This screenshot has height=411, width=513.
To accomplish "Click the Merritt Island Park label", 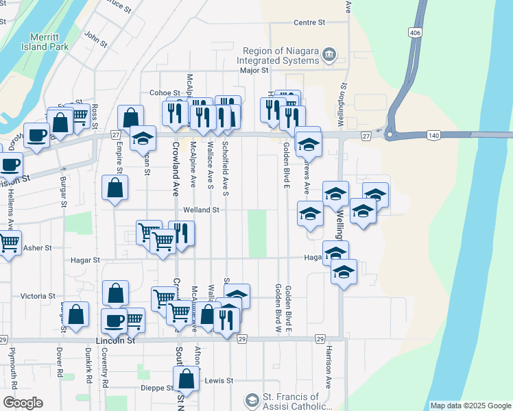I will tap(49, 42).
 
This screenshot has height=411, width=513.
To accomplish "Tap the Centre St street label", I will tap(309, 23).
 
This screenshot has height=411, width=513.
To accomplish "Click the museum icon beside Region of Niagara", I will tap(330, 53).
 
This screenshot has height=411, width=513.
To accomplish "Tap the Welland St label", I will tap(200, 210).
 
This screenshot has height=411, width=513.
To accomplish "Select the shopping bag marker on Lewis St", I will tap(186, 377).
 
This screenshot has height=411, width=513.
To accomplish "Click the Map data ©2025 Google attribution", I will tap(470, 406).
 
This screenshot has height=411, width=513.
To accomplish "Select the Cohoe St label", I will tap(164, 92).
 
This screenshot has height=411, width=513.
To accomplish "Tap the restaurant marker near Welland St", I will tap(182, 233).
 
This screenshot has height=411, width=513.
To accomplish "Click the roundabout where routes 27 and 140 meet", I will tap(390, 135).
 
